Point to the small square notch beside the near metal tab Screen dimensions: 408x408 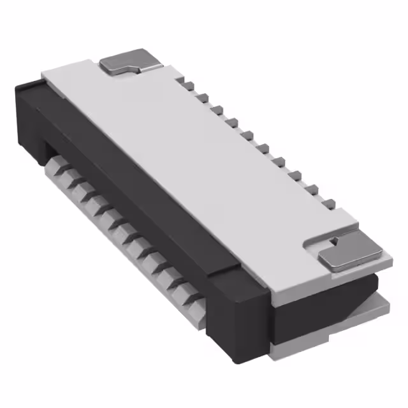tap(333, 241)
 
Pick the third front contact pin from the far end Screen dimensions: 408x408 tap(78, 188)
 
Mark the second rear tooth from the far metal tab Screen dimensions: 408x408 tap(203, 97)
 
